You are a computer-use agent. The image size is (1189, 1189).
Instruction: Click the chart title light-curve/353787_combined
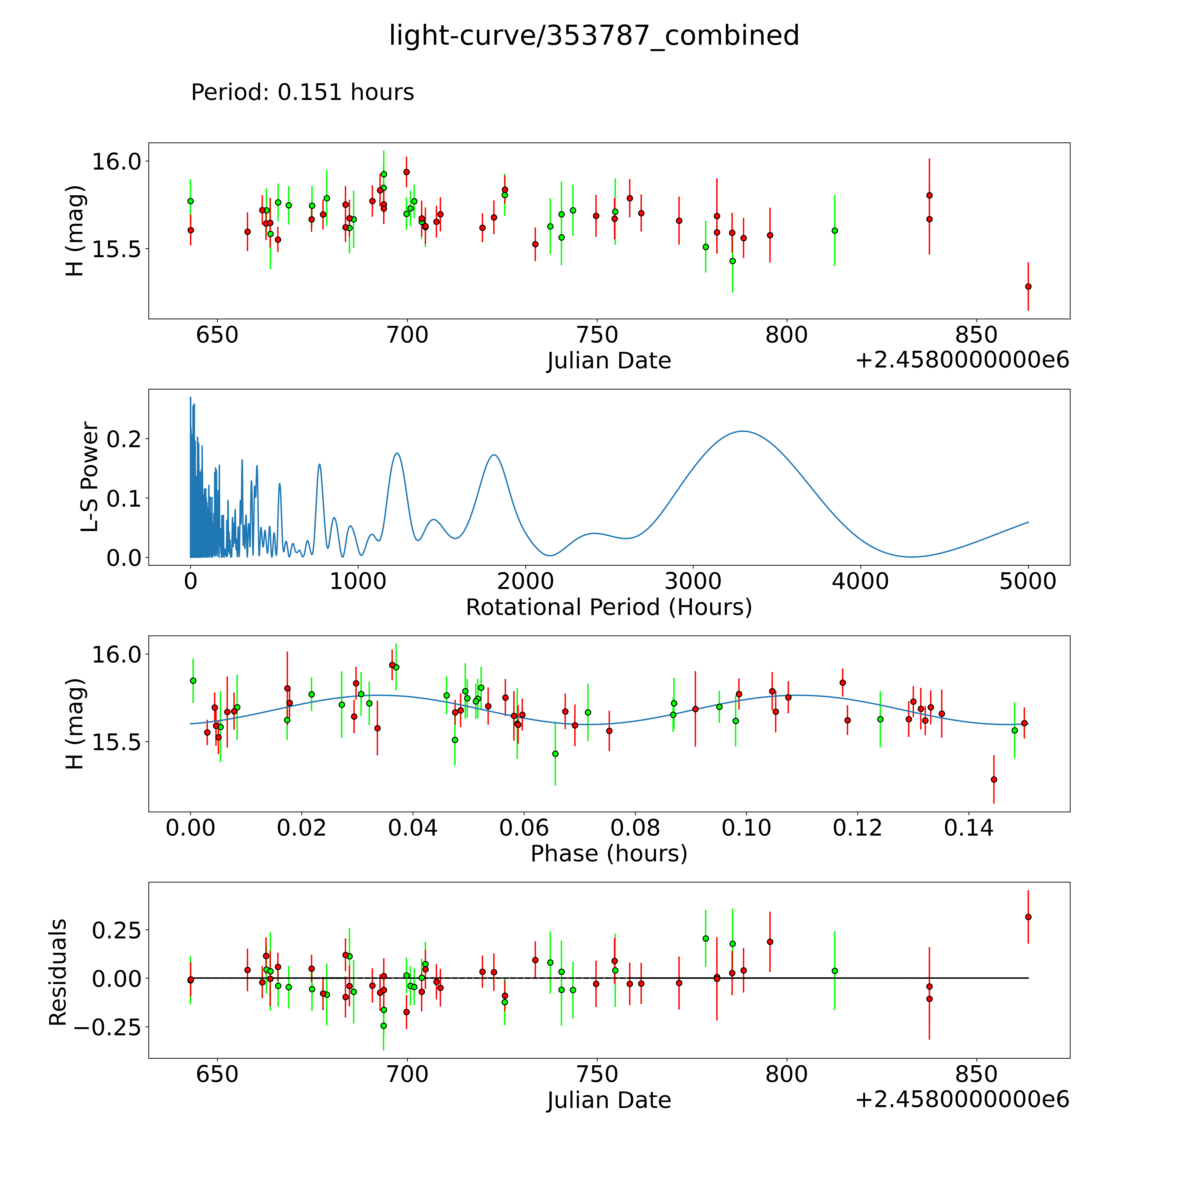point(594,36)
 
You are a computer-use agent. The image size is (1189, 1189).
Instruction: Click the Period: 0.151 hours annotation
point(302,92)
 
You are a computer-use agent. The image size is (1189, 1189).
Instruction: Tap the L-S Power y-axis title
point(90,477)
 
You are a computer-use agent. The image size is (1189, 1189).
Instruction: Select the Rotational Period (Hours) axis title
point(609,607)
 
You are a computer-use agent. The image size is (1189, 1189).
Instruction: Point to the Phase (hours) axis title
point(609,854)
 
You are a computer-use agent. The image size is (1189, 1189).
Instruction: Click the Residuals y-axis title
point(58,972)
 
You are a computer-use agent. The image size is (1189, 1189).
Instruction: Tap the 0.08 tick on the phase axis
point(635,828)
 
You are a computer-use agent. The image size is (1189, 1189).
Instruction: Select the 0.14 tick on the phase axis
point(969,828)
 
